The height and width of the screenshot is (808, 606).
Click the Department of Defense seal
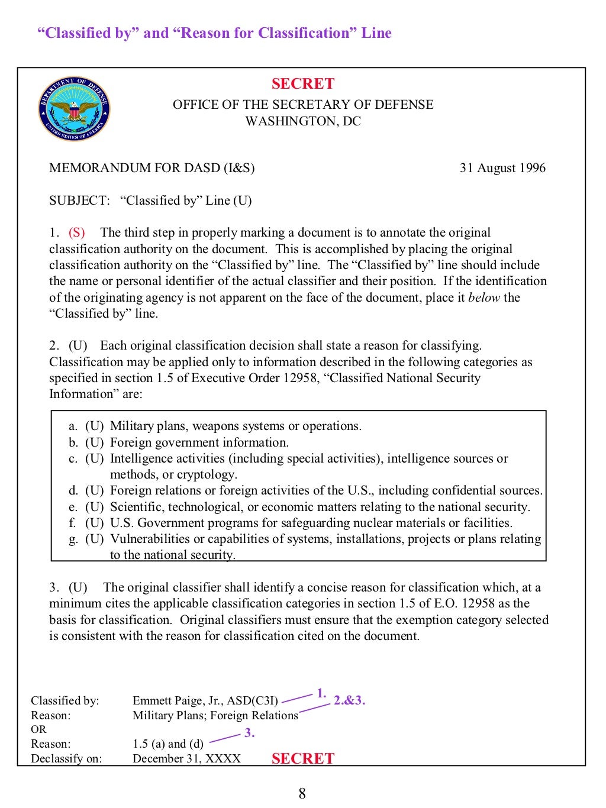tap(74, 109)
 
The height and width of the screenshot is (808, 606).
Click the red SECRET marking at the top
tap(303, 84)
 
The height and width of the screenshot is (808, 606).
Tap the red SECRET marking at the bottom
tap(303, 758)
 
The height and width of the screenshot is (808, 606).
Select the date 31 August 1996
tap(502, 168)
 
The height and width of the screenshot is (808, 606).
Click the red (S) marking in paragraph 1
tap(77, 232)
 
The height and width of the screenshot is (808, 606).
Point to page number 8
tap(302, 794)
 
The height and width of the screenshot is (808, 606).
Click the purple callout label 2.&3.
tap(349, 700)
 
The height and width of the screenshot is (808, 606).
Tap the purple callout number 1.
tap(321, 693)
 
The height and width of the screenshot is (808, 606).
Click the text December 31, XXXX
tap(186, 759)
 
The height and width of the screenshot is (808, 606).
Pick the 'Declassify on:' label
tap(66, 759)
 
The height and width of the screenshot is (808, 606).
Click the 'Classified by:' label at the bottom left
tap(65, 701)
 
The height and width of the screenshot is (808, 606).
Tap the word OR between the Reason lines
tap(38, 729)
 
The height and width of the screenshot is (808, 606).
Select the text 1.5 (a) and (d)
tap(167, 744)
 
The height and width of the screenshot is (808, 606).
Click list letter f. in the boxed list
tap(72, 523)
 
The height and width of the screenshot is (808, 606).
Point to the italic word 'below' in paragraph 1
tap(484, 298)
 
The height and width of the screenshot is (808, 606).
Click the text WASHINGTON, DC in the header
tap(303, 121)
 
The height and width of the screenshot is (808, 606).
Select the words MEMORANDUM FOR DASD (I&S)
tap(151, 168)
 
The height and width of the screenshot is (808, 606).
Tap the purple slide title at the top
tap(214, 33)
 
